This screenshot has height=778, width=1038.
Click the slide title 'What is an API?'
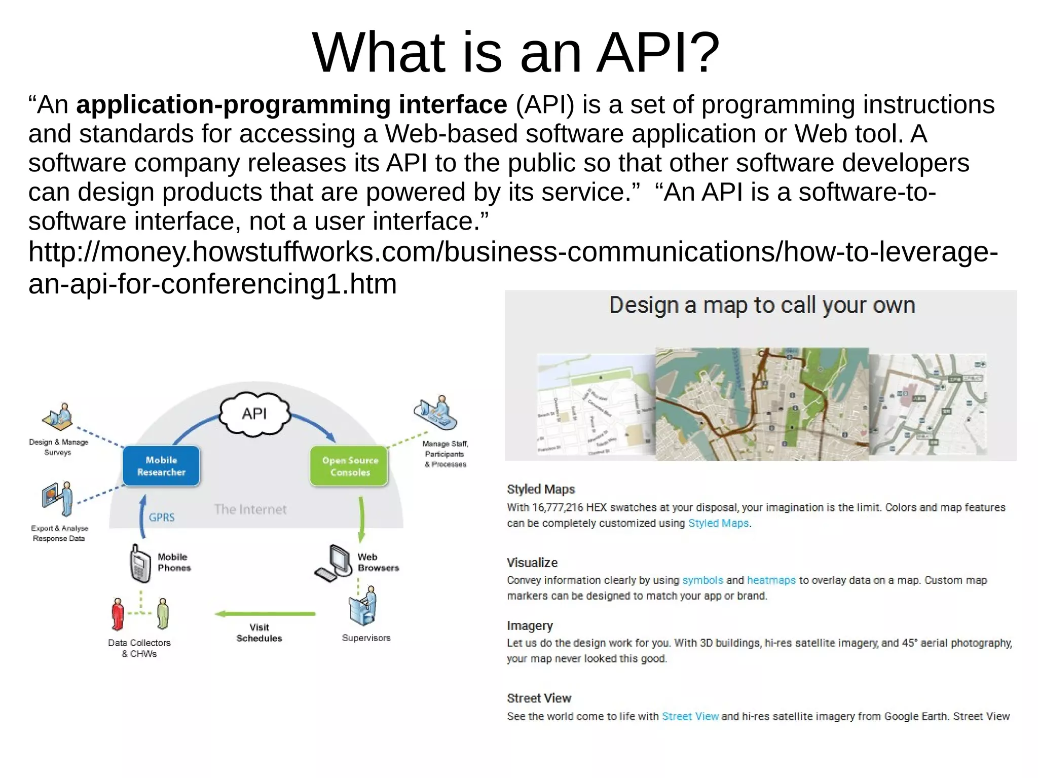[515, 53]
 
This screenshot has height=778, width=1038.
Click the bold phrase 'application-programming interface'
[291, 105]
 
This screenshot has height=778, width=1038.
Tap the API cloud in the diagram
[254, 414]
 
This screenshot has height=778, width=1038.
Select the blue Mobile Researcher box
[161, 466]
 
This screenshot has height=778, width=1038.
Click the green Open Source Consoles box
[350, 466]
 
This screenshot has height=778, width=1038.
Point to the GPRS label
[162, 517]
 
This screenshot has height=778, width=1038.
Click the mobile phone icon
[140, 564]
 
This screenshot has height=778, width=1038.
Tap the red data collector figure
[118, 614]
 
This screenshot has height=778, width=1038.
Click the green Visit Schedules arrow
[265, 614]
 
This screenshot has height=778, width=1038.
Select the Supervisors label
[366, 638]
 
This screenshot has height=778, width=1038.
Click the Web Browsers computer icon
[335, 563]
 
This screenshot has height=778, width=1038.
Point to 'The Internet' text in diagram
[250, 509]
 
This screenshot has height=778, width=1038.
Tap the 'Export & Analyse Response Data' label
[59, 533]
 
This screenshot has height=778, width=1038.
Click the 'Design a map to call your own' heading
[762, 306]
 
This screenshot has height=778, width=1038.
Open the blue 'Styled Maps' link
[718, 523]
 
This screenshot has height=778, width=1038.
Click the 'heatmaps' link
[771, 580]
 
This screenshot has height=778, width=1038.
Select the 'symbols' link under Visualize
[702, 580]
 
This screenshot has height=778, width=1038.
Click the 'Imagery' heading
[530, 626]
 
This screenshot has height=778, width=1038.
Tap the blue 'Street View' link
[690, 716]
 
